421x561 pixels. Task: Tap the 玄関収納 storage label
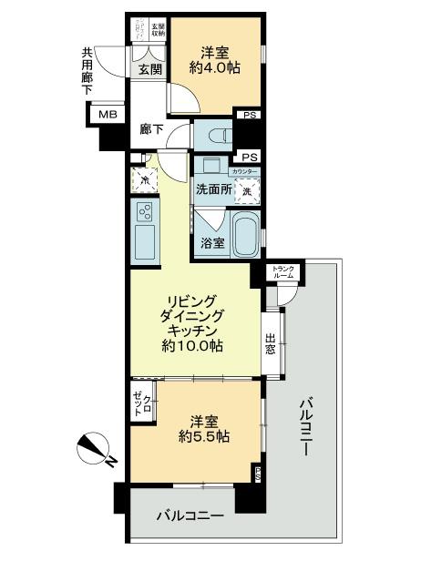pyautogui.click(x=158, y=29)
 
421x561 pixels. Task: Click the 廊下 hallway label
pyautogui.click(x=151, y=129)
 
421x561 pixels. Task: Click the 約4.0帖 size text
pyautogui.click(x=215, y=66)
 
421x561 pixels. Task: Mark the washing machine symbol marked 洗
pyautogui.click(x=245, y=190)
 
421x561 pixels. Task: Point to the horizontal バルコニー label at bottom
pyautogui.click(x=189, y=516)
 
